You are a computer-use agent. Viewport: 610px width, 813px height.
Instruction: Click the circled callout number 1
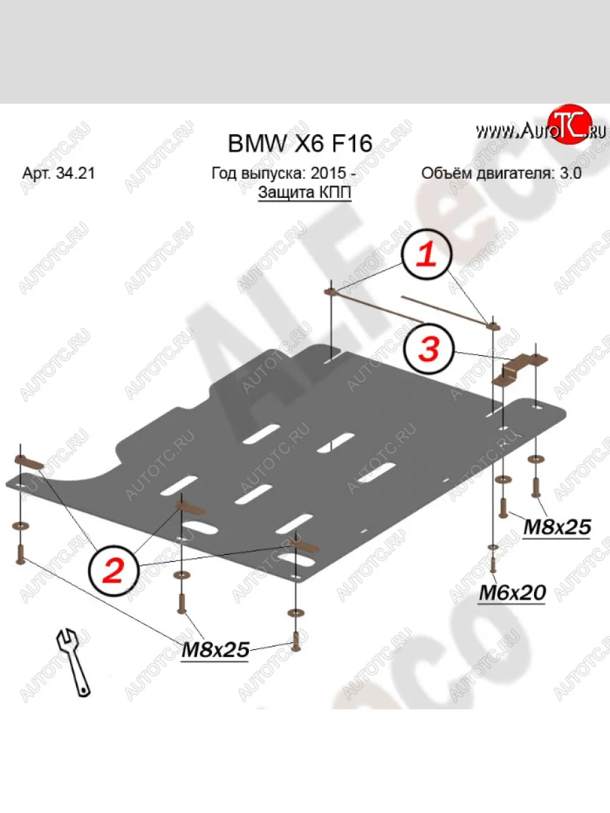tap(426, 255)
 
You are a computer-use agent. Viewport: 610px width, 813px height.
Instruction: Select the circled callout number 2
tap(113, 570)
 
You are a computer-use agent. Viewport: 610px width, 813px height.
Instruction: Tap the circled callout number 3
tap(428, 350)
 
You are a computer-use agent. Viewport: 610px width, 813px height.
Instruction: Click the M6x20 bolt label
tap(512, 593)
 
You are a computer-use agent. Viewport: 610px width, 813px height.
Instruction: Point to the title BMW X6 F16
tap(299, 144)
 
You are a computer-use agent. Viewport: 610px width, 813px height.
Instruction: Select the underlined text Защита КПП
tap(305, 192)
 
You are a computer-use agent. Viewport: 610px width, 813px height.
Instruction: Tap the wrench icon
tap(73, 662)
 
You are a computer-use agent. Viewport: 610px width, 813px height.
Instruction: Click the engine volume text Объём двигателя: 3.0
tap(502, 173)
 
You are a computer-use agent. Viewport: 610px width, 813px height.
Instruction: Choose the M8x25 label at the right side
tap(556, 526)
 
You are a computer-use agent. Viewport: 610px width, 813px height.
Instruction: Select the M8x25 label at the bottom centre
tap(215, 650)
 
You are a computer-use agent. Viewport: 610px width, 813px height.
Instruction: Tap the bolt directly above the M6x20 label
tap(493, 564)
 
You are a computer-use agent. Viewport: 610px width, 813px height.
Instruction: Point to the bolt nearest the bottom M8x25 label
tap(296, 640)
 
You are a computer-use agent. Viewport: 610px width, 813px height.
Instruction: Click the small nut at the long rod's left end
tap(331, 292)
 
